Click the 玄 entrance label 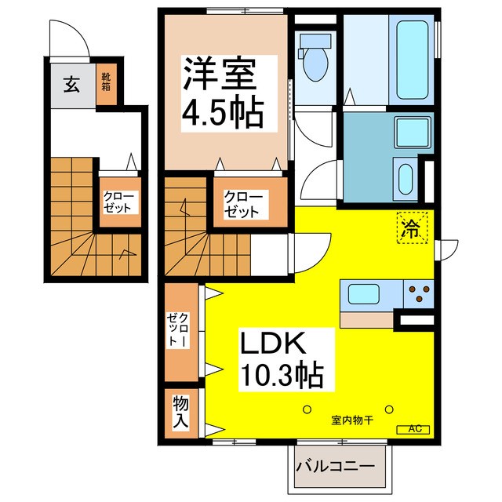pyautogui.click(x=71, y=85)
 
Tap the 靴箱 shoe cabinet pyautogui.click(x=104, y=85)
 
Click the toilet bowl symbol pyautogui.click(x=315, y=64)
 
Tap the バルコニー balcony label pyautogui.click(x=340, y=468)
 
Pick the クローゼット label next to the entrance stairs pyautogui.click(x=119, y=202)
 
